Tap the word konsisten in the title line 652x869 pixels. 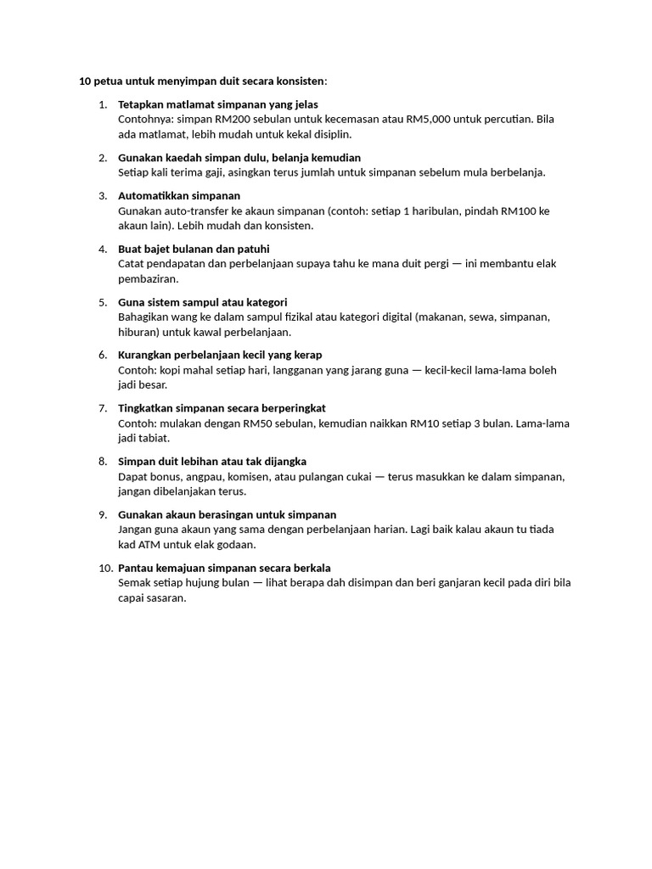[x=296, y=81]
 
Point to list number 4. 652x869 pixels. [x=103, y=249]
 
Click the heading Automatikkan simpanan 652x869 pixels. [x=179, y=195]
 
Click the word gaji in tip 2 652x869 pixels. [x=208, y=172]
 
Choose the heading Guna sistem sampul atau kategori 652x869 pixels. [x=203, y=302]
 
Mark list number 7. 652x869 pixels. [x=103, y=408]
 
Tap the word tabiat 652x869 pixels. [x=155, y=438]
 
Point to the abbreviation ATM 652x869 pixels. [x=149, y=544]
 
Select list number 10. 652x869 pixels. [x=105, y=568]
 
